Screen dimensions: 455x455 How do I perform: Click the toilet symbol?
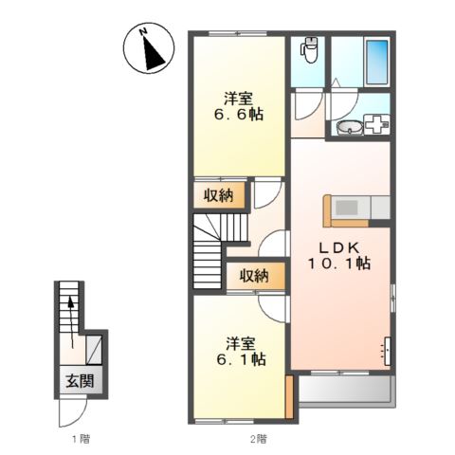pos(308,50)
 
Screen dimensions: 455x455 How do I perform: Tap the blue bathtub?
pos(376,62)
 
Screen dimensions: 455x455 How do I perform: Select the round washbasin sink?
pos(349,128)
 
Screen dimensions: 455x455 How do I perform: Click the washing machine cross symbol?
pos(376,124)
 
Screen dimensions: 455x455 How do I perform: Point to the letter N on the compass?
pos(143,31)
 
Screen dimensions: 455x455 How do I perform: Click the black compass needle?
pos(153,53)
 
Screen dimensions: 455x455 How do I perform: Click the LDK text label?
pos(338,248)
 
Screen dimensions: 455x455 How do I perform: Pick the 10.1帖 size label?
pos(339,264)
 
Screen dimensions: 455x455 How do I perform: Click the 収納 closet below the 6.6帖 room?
pos(218,196)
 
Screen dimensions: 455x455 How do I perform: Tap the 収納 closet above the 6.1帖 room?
pos(254,276)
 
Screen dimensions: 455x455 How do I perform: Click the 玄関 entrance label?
pos(80,381)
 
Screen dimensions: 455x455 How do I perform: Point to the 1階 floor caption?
pos(81,439)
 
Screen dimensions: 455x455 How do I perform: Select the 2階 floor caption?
pos(259,439)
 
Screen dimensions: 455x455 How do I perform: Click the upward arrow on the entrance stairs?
pos(72,321)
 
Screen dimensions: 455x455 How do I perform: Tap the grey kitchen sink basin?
pos(346,208)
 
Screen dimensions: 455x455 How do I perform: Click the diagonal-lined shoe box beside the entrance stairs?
pos(94,350)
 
